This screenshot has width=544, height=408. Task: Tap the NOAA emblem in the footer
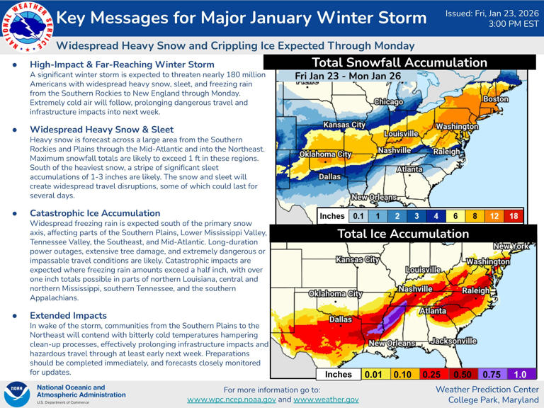pos(16,394)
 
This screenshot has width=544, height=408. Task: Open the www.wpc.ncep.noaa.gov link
pos(231,399)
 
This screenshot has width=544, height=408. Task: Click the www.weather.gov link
pos(326,399)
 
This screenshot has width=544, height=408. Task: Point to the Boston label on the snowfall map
pos(495,100)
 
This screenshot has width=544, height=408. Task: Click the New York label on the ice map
pos(511,246)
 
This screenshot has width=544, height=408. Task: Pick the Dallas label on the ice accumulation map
pos(341,319)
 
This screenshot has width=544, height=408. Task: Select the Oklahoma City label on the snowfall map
pos(325,154)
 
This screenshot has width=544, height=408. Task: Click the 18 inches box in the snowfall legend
pos(513,216)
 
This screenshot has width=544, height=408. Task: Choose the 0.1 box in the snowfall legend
pos(359,216)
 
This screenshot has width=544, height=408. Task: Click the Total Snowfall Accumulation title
pos(399,62)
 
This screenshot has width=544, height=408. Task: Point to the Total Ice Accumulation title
pos(402,233)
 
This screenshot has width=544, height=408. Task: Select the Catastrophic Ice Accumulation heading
pos(95,212)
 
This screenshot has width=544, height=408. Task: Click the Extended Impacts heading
pos(69,315)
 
